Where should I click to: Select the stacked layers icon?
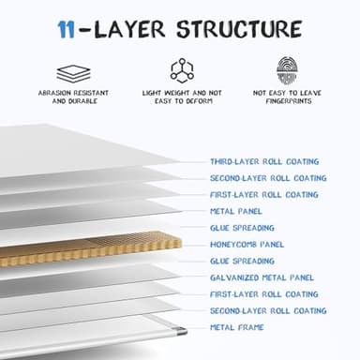click(72, 71)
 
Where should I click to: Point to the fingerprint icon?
click(288, 70)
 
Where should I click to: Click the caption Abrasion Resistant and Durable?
click(72, 98)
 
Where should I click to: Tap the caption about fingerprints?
click(288, 98)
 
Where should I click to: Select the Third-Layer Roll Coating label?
click(263, 161)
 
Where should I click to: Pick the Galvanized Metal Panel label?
click(262, 277)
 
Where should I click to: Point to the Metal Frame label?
click(237, 326)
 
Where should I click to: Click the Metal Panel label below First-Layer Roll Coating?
click(235, 211)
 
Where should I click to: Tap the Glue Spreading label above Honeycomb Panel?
click(242, 228)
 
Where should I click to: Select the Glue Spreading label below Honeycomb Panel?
click(242, 261)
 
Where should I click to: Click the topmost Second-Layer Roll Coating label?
click(267, 178)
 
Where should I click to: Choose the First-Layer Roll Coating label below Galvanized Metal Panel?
click(263, 293)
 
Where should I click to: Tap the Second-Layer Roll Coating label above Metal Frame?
click(267, 310)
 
